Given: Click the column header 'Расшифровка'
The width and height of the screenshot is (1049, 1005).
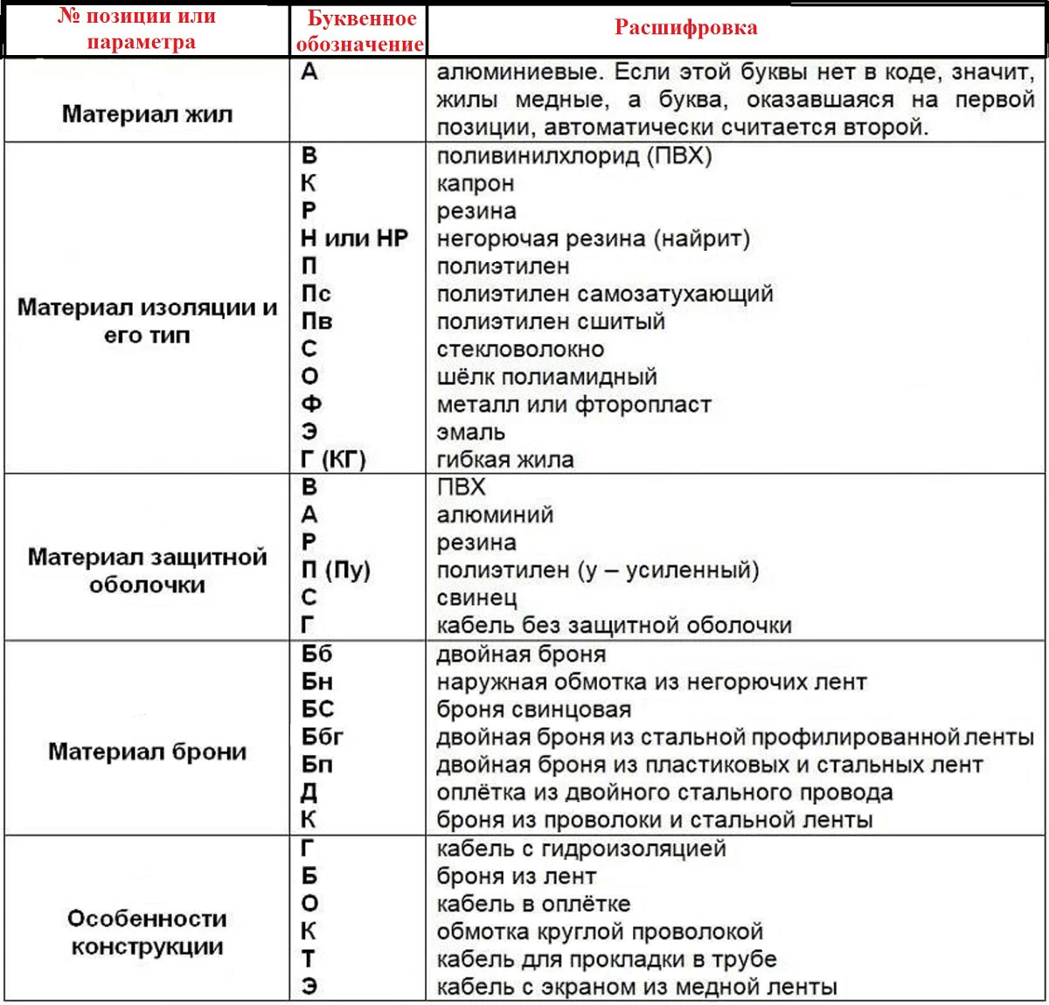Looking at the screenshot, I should (x=685, y=28).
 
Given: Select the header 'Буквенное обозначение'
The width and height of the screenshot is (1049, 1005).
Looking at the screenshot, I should (x=359, y=31).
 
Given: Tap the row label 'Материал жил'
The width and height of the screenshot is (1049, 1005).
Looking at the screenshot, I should (x=147, y=114).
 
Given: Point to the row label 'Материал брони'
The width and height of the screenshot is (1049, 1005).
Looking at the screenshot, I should (x=147, y=752).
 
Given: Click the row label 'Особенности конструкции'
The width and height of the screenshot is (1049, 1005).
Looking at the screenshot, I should (x=147, y=932).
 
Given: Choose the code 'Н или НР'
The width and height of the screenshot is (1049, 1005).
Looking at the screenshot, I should (x=354, y=239).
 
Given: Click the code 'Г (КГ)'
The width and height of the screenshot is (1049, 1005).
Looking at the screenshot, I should (x=333, y=460).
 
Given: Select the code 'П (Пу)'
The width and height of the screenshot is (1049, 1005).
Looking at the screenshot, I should (x=336, y=571).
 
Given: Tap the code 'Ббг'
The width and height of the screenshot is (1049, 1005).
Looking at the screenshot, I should (x=322, y=737).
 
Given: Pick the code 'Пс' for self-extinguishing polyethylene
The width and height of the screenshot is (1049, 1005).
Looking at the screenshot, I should (x=316, y=294).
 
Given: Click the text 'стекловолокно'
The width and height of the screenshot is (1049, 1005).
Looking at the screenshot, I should (x=520, y=349).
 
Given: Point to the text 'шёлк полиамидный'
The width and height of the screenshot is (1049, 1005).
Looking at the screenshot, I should (x=546, y=377).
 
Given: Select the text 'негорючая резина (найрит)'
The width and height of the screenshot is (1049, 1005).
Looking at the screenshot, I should (x=593, y=239).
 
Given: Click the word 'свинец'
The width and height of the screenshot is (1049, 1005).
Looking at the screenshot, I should (x=476, y=598).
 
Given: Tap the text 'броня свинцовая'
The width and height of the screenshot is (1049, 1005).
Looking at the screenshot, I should (x=533, y=709).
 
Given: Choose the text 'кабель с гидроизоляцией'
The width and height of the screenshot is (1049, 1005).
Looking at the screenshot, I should (x=581, y=849).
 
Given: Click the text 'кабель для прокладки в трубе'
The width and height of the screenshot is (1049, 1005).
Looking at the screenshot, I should (x=606, y=959).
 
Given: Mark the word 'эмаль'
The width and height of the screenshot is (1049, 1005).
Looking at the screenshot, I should (x=470, y=432).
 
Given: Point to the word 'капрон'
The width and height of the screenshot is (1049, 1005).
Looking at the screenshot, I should (x=476, y=184).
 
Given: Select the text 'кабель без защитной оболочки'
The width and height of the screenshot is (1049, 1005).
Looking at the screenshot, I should (x=614, y=626).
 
